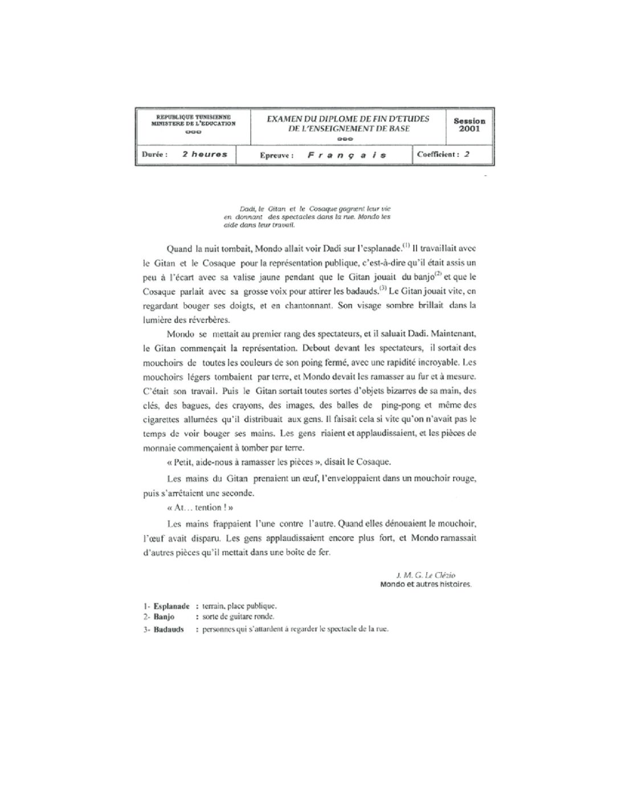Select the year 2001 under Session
(470, 129)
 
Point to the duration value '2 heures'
(205, 154)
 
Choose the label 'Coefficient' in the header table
(438, 154)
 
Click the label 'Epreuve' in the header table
(275, 155)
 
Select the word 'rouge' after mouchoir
(463, 478)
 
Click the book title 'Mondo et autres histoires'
(426, 585)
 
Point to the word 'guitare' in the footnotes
(241, 617)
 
